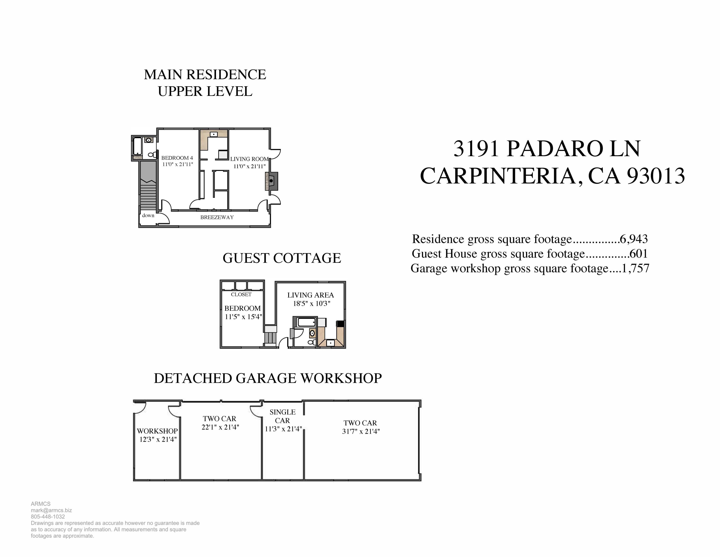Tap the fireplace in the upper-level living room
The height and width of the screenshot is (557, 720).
tap(271, 181)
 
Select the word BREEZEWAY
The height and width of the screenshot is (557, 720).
tap(217, 217)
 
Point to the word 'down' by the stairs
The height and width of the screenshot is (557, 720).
tap(148, 216)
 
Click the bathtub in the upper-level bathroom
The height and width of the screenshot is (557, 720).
tap(137, 146)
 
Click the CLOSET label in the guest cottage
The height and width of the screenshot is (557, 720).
tap(241, 294)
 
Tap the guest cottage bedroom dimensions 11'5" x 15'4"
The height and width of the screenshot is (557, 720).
tap(243, 317)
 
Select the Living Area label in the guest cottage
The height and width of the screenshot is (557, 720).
tap(311, 295)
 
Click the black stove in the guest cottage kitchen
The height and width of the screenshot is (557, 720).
tap(340, 323)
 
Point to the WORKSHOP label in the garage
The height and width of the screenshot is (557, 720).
tap(157, 431)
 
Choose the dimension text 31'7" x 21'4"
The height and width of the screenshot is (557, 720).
tap(361, 431)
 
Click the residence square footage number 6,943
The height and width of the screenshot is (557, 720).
tap(634, 239)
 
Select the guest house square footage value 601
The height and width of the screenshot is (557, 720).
tap(639, 254)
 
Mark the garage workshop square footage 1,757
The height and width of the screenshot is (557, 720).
tap(635, 268)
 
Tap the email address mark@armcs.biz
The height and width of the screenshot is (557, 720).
tap(51, 510)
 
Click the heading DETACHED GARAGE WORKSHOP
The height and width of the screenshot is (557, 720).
tap(268, 378)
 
